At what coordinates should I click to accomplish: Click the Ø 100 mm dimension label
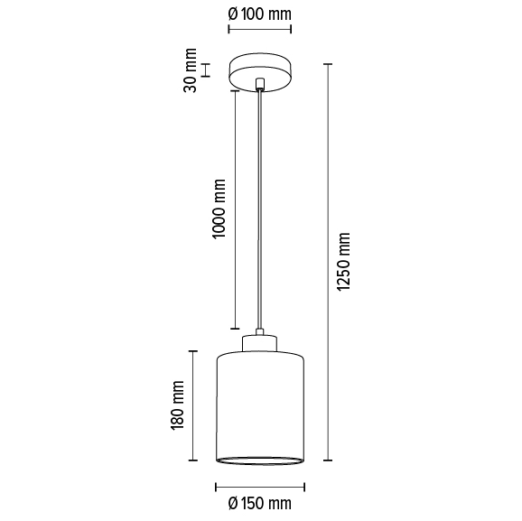[260, 14]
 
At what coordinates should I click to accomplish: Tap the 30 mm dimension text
[191, 70]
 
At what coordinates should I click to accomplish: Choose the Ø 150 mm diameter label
[260, 502]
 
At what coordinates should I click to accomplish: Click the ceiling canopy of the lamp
[260, 72]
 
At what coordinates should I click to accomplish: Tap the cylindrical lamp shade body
[260, 406]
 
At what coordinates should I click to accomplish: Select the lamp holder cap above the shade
[260, 342]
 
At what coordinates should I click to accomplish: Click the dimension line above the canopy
[260, 30]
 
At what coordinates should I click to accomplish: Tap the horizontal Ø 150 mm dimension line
[260, 485]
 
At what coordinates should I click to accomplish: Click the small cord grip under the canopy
[260, 87]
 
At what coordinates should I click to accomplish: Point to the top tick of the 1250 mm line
[328, 64]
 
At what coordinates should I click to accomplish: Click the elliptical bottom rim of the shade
[260, 461]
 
